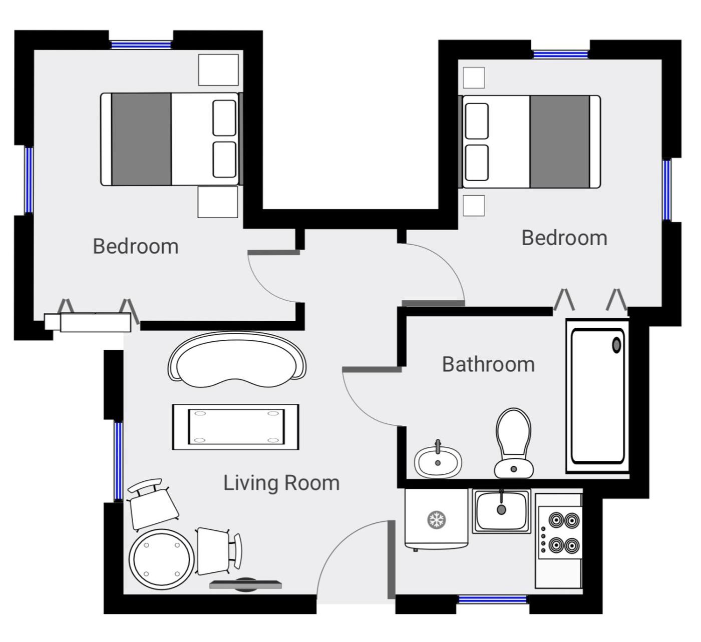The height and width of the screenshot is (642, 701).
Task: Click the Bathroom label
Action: pyautogui.click(x=488, y=365)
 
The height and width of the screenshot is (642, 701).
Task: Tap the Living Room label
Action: pyautogui.click(x=281, y=483)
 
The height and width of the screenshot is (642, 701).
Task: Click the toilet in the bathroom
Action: pyautogui.click(x=513, y=443)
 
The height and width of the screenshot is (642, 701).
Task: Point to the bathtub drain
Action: pyautogui.click(x=616, y=345)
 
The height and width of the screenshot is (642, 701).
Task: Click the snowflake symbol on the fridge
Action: pyautogui.click(x=437, y=519)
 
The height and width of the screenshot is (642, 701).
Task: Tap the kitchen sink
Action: pyautogui.click(x=501, y=511)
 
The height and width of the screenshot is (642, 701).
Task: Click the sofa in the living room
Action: pyautogui.click(x=237, y=360)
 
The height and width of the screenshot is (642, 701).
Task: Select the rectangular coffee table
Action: pyautogui.click(x=236, y=427)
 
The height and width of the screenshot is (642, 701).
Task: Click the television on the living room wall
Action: pyautogui.click(x=245, y=584)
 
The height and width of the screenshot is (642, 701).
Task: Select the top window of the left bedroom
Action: pyautogui.click(x=141, y=45)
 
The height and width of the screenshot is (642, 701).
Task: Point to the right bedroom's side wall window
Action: pyautogui.click(x=667, y=190)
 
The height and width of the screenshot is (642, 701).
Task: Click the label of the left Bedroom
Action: pyautogui.click(x=136, y=246)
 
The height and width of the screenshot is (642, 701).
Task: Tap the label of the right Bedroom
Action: pyautogui.click(x=564, y=238)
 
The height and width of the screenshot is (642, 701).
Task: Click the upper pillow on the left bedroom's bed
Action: pyautogui.click(x=224, y=118)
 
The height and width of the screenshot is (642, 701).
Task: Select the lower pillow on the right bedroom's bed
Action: pyautogui.click(x=477, y=163)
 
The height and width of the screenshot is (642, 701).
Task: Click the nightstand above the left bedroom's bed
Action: pyautogui.click(x=218, y=70)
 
